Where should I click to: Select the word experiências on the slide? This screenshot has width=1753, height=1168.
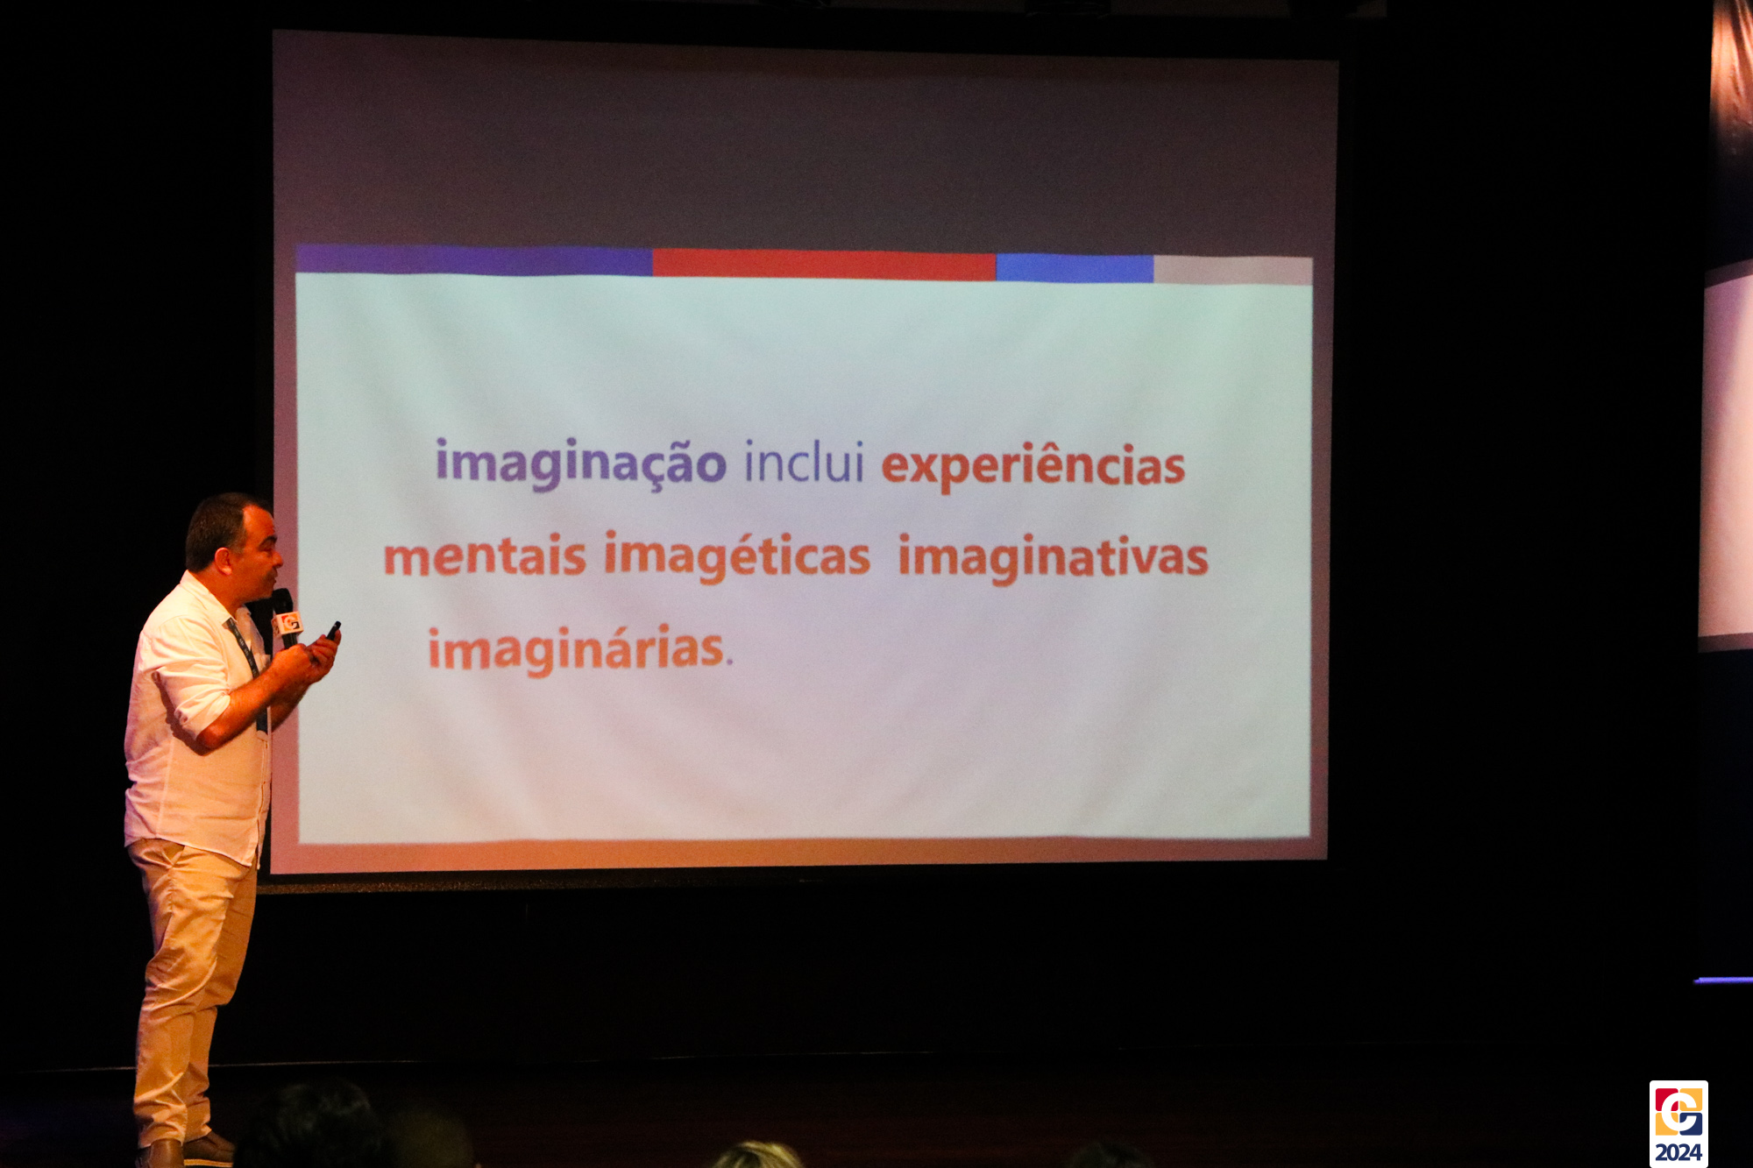click(1033, 466)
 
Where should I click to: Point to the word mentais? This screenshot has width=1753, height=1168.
click(485, 556)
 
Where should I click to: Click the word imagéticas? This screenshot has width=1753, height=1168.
click(737, 557)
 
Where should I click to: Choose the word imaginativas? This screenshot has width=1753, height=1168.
click(1054, 558)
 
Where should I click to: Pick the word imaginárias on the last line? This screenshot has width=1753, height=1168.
click(576, 649)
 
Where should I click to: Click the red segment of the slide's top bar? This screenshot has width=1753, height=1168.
click(824, 265)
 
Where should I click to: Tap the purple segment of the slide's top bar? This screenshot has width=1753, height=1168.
click(474, 260)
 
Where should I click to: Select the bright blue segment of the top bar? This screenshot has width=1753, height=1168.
click(1075, 268)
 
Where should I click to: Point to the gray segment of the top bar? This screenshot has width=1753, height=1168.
click(1232, 270)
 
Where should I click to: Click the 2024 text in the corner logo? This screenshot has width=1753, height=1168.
click(1678, 1151)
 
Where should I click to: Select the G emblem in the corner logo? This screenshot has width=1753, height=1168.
click(1678, 1111)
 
